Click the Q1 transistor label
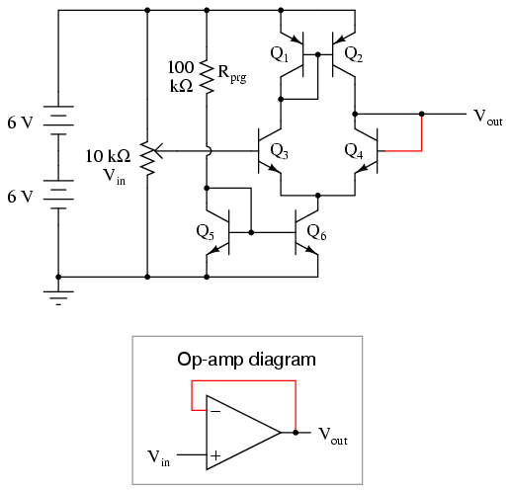coord(279,54)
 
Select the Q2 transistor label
coord(353,54)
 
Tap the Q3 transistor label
coord(279,151)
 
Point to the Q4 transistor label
coord(354,151)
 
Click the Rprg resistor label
coord(232,74)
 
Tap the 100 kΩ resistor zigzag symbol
coord(207,76)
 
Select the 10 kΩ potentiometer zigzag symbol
coord(148,158)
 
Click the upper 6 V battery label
coord(21,123)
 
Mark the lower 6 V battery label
coord(21,197)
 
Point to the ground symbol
coord(58,298)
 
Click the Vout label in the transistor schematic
coord(488,117)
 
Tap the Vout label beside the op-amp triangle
coord(333,436)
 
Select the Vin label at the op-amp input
coord(158,458)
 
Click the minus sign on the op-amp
coord(215,411)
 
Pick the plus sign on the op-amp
coord(215,455)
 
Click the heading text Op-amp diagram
coord(246,360)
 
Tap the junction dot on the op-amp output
coord(296,433)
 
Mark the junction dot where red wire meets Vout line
coord(421,114)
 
